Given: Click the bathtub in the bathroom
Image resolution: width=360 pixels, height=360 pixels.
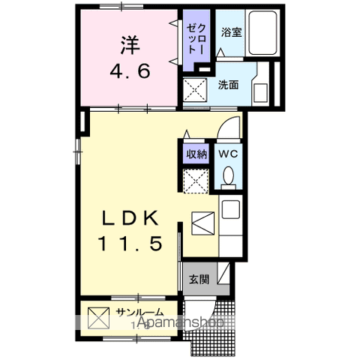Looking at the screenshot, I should point(262,34).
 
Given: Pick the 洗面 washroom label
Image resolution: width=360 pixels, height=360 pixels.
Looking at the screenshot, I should point(229,85).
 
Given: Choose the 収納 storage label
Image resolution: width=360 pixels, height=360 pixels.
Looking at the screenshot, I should point(196,153).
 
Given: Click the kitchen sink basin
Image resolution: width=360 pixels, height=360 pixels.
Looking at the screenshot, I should point(230,210).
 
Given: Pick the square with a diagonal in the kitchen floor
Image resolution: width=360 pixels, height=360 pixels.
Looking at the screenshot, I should point(203,223).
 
